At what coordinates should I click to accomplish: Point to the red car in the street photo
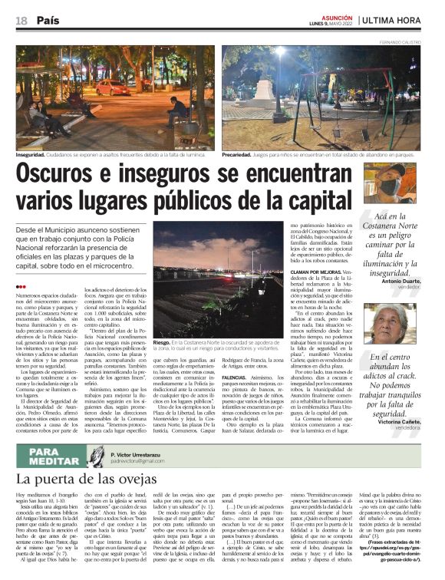114,87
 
